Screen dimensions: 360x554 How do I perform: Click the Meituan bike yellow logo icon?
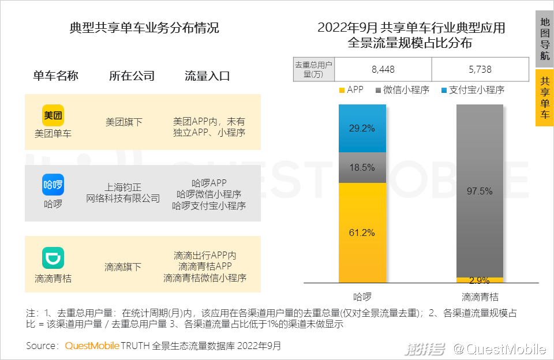(x=53, y=115)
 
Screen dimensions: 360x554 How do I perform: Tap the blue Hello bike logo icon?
(x=53, y=185)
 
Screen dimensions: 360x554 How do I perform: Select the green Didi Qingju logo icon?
(x=53, y=258)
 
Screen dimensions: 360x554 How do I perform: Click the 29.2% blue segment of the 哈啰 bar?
(x=362, y=128)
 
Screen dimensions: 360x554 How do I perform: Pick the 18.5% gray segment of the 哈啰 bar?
(x=362, y=167)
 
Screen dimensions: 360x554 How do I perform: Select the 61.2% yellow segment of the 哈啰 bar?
(x=362, y=232)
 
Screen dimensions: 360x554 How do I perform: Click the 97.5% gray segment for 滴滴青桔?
(x=480, y=190)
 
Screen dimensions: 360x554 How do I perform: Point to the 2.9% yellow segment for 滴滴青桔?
(x=480, y=280)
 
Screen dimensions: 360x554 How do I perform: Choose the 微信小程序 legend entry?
(x=402, y=90)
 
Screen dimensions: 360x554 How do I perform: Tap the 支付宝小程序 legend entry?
(x=473, y=90)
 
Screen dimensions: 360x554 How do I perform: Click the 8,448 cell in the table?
(x=383, y=69)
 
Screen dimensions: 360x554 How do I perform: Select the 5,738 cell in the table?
(x=480, y=69)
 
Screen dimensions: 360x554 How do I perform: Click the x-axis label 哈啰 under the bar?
(x=362, y=297)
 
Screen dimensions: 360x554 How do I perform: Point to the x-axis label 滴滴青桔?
(x=480, y=297)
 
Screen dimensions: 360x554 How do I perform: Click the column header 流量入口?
(x=207, y=76)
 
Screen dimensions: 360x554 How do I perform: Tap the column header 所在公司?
(x=132, y=76)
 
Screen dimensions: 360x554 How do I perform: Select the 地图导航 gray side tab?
(x=544, y=39)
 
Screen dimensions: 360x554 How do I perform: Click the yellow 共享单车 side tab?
(x=544, y=97)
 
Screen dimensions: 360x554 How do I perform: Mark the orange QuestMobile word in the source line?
(x=92, y=346)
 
